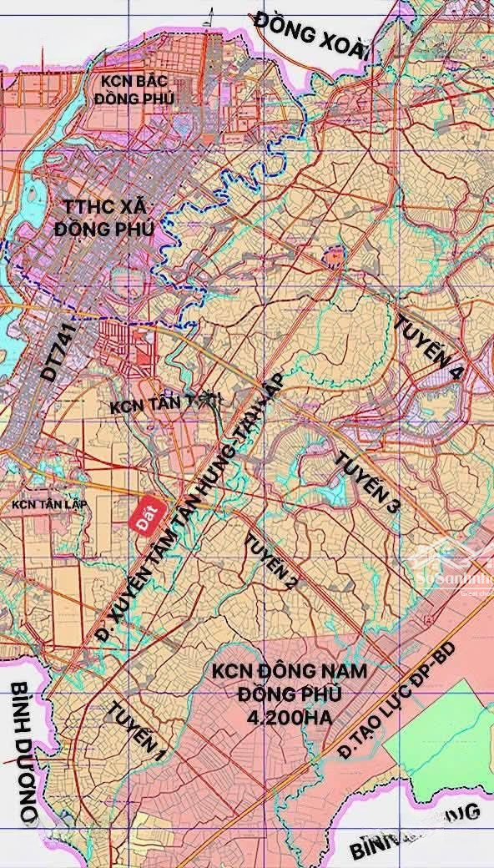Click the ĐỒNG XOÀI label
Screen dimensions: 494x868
(310, 34)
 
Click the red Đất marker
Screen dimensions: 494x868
(149, 512)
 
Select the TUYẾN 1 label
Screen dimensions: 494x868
(136, 729)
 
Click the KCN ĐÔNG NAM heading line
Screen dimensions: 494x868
(290, 672)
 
